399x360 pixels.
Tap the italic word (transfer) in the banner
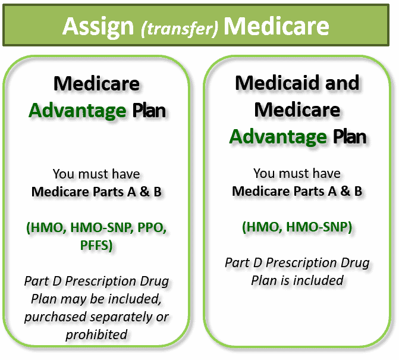180,29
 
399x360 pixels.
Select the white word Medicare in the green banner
277,26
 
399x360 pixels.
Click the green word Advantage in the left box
77,111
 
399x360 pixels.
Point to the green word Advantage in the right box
278,137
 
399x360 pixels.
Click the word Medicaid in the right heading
278,83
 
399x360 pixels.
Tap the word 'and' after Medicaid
343,83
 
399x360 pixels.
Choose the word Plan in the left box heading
149,111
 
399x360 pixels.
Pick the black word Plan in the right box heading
350,136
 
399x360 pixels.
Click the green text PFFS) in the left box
96,245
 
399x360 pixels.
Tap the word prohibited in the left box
96,334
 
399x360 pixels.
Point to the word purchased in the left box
55,317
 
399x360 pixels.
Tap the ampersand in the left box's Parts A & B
144,192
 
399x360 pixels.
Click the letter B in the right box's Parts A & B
359,191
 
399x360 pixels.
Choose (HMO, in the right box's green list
262,227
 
